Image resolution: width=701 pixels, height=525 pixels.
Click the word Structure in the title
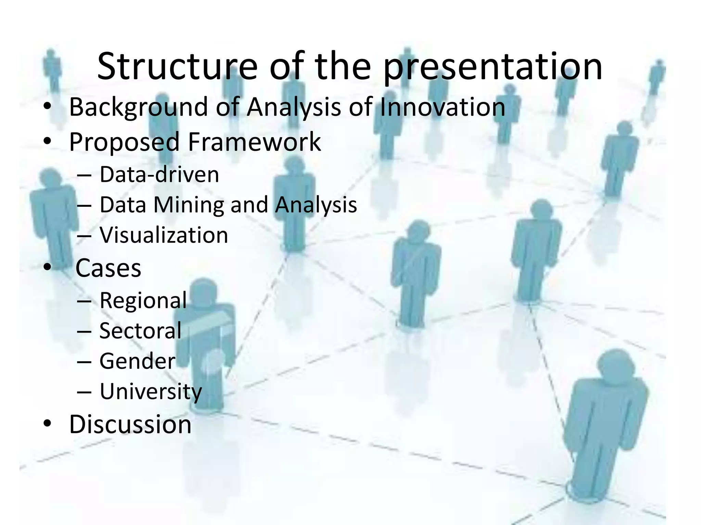177,67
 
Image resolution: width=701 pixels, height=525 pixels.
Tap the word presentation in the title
493,67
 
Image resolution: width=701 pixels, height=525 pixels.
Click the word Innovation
442,107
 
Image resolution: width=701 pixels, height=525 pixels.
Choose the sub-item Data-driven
159,174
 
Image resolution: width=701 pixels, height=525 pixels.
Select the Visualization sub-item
164,235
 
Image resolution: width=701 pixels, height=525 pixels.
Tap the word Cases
108,268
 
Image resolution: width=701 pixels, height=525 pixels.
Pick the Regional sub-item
143,300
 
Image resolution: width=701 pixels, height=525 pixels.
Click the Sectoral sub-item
140,331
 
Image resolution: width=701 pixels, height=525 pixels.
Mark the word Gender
137,361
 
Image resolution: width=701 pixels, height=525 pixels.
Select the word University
151,392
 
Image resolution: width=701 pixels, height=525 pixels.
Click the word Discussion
130,425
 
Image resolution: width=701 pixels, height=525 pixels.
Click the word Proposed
124,142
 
